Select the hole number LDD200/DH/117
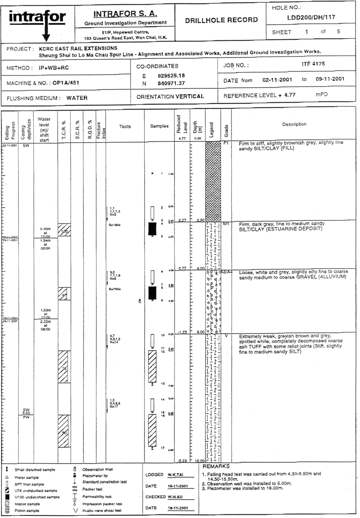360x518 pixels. (x=308, y=17)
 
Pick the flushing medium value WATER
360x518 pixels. (x=77, y=97)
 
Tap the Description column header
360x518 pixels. (x=295, y=124)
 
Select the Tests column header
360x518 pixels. (x=125, y=126)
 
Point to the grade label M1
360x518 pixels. (x=226, y=223)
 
